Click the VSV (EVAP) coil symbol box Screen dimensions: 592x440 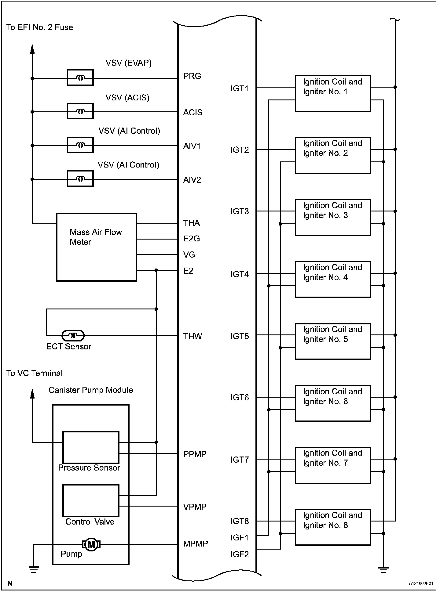pyautogui.click(x=80, y=78)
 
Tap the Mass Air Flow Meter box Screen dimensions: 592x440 pyautogui.click(x=96, y=247)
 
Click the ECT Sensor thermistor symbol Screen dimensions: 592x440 pyautogui.click(x=73, y=336)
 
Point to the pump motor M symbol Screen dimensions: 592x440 pyautogui.click(x=91, y=544)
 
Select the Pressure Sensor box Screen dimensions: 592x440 pyautogui.click(x=91, y=447)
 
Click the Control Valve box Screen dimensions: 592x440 pyautogui.click(x=91, y=500)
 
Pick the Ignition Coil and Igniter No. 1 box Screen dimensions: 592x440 pyautogui.click(x=333, y=93)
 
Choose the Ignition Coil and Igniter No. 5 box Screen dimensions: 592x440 pyautogui.click(x=333, y=341)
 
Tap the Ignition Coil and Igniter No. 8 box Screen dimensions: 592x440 pyautogui.click(x=333, y=527)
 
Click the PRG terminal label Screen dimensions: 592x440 pyautogui.click(x=192, y=76)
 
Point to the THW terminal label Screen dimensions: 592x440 pyautogui.click(x=193, y=336)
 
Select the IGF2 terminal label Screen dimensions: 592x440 pyautogui.click(x=240, y=554)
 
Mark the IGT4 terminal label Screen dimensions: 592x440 pyautogui.click(x=240, y=274)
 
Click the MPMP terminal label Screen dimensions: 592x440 pyautogui.click(x=196, y=544)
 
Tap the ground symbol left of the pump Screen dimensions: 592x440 pyautogui.click(x=34, y=569)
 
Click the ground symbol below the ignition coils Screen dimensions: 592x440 pyautogui.click(x=383, y=569)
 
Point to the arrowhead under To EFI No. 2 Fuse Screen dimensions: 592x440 pyautogui.click(x=32, y=49)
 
